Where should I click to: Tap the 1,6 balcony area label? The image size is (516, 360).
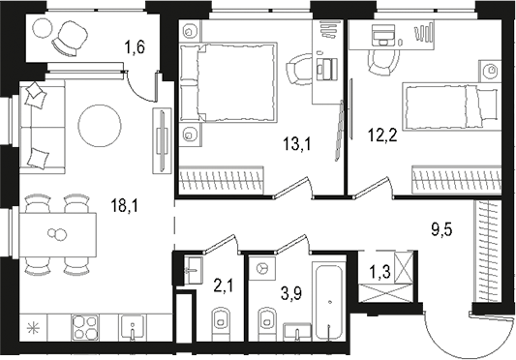tap(136, 44)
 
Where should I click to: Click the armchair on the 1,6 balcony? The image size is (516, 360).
tap(69, 38)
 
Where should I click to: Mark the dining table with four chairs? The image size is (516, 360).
tap(59, 233)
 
